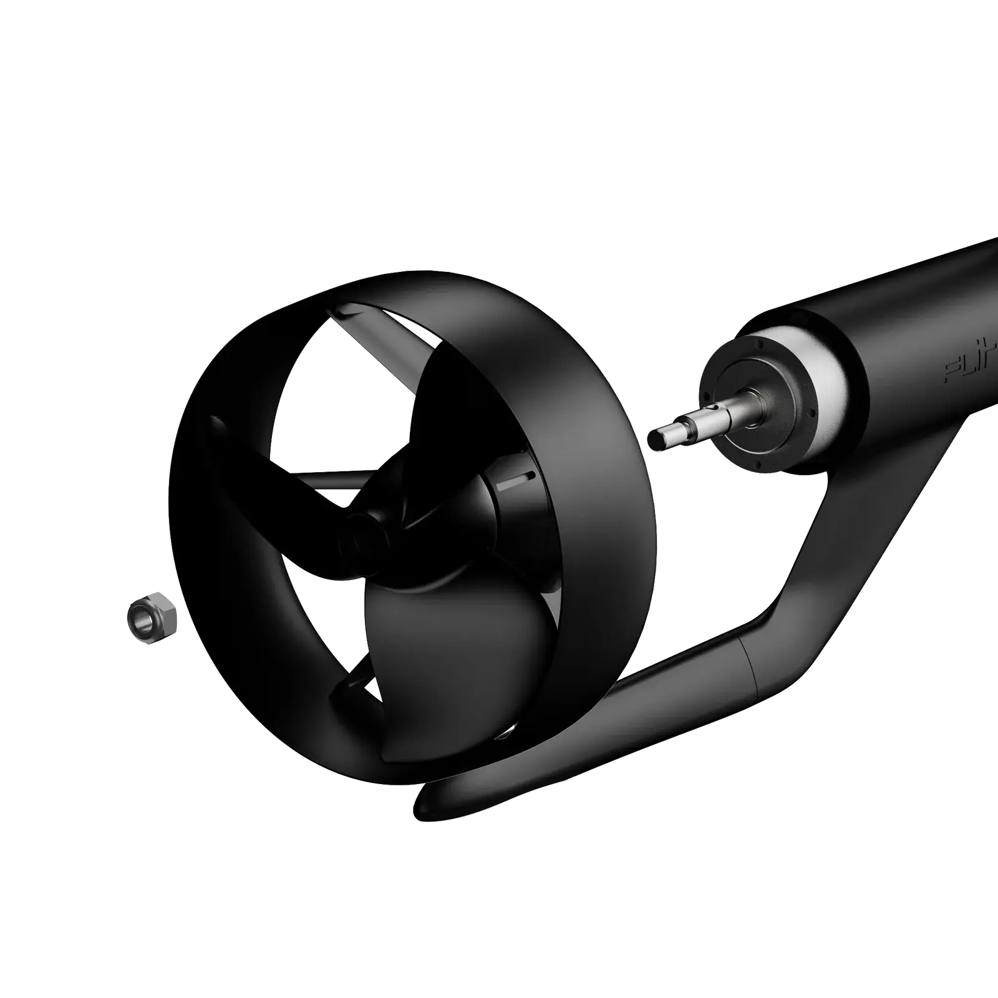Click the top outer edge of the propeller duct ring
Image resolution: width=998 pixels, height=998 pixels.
(399, 278)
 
